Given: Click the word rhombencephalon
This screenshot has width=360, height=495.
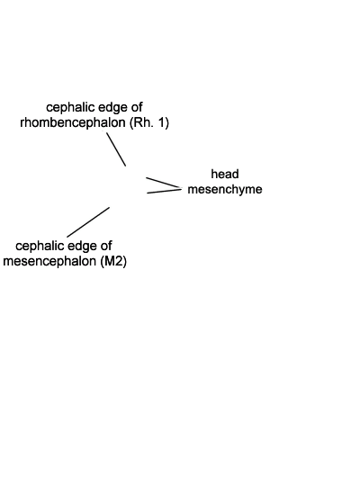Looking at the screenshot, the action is click(x=73, y=122).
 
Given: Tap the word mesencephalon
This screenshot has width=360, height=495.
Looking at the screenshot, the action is click(x=49, y=261).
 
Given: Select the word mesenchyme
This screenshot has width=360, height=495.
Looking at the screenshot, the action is click(x=225, y=189).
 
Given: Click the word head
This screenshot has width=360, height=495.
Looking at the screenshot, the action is click(x=225, y=174).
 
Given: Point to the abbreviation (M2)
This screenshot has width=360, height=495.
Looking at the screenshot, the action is click(x=113, y=261).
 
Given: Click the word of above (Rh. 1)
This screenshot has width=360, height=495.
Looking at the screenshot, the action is click(x=136, y=107).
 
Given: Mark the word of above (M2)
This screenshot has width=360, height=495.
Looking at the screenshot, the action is click(x=105, y=246).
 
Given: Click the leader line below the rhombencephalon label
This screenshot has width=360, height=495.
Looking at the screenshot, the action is click(x=116, y=149).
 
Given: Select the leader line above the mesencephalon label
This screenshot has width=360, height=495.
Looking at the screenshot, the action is click(x=88, y=222).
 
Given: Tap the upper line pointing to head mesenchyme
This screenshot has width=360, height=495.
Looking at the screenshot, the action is click(x=163, y=183).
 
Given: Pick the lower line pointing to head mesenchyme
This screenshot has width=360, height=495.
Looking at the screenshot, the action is click(x=164, y=191).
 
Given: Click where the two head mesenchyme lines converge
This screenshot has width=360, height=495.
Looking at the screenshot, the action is click(x=181, y=189).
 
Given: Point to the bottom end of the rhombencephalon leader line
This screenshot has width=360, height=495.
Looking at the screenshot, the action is click(x=126, y=166).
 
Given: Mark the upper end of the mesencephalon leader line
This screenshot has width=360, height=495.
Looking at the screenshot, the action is click(x=109, y=207).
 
